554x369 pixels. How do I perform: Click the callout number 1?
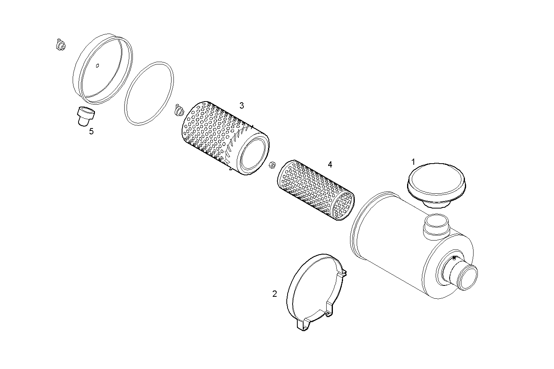click(413, 162)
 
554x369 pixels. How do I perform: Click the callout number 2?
click(274, 294)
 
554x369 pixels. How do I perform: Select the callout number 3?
click(241, 105)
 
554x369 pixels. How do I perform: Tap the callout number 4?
click(330, 164)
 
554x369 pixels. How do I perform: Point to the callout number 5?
click(91, 131)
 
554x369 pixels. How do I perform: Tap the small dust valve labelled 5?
click(85, 116)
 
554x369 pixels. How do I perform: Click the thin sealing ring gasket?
click(149, 93)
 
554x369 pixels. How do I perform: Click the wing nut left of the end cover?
click(60, 45)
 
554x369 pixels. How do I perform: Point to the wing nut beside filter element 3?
click(179, 111)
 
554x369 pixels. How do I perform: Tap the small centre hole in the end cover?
click(98, 65)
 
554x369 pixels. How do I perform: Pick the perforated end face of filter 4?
click(343, 206)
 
